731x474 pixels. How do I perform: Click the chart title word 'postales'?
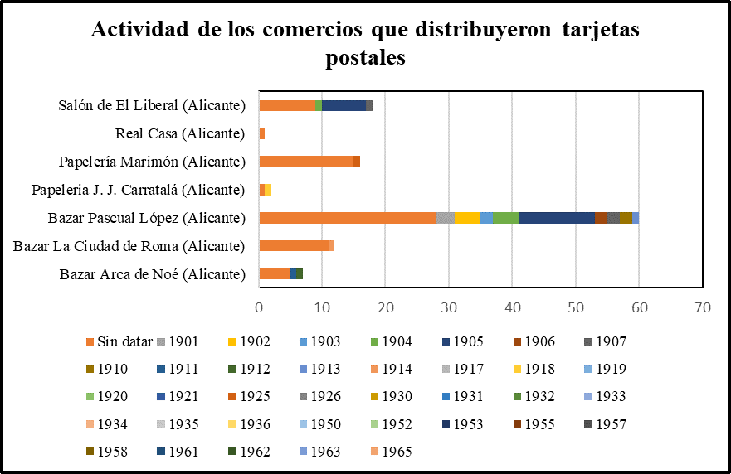[366, 58]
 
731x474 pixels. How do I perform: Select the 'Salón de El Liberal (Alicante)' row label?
[153, 105]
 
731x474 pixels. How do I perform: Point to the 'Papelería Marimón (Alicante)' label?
[153, 162]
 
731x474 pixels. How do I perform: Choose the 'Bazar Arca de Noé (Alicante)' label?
[154, 274]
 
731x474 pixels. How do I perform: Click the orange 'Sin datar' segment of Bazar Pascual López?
[348, 218]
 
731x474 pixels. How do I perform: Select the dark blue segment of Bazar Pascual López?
[556, 218]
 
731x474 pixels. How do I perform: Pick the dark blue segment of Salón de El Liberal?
[344, 105]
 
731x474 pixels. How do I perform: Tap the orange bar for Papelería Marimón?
[306, 162]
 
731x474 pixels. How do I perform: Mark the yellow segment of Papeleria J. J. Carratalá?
[268, 190]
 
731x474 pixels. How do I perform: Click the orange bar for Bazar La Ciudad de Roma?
[294, 246]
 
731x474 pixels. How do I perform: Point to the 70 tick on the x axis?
[702, 307]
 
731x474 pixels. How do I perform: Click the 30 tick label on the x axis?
[449, 307]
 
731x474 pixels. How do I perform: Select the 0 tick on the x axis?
[260, 307]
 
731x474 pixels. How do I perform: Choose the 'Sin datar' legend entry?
[120, 341]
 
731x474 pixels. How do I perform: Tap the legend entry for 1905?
[468, 341]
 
